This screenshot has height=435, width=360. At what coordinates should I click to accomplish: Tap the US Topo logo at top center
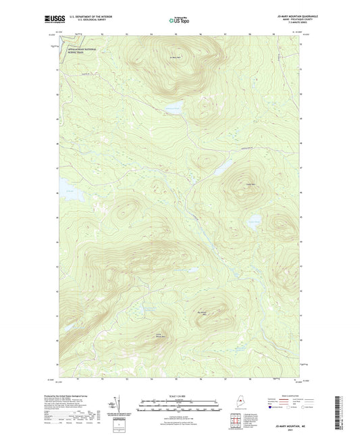click(x=179, y=21)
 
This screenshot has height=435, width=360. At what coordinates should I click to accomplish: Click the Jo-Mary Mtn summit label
click(x=175, y=57)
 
